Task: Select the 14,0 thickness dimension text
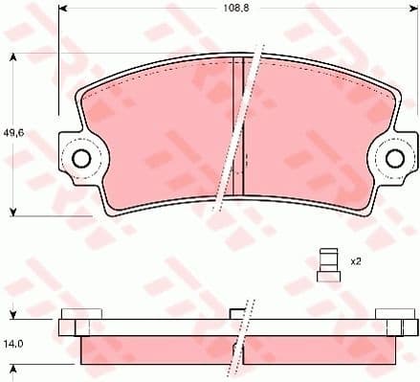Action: pyautogui.click(x=14, y=342)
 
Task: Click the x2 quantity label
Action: pyautogui.click(x=355, y=261)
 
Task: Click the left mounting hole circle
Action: pyautogui.click(x=82, y=158)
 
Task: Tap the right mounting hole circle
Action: pyautogui.click(x=395, y=158)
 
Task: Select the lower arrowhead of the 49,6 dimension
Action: pyautogui.click(x=12, y=211)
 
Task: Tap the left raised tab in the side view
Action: pyautogui.click(x=81, y=315)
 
